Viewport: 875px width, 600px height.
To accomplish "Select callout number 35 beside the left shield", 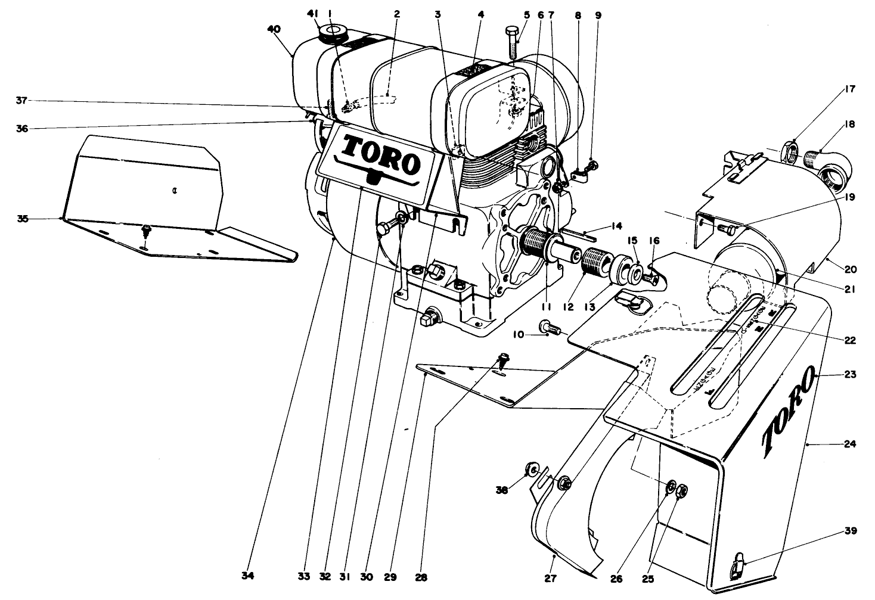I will [22, 219].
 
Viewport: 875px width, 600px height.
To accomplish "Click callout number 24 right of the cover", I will [850, 444].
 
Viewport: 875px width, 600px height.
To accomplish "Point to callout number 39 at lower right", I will [850, 531].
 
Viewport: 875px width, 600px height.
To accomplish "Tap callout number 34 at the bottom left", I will [248, 577].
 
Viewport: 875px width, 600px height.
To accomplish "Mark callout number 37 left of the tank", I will [22, 101].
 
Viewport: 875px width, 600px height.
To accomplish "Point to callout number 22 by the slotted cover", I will [850, 341].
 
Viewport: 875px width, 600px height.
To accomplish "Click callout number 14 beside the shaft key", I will [616, 226].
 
